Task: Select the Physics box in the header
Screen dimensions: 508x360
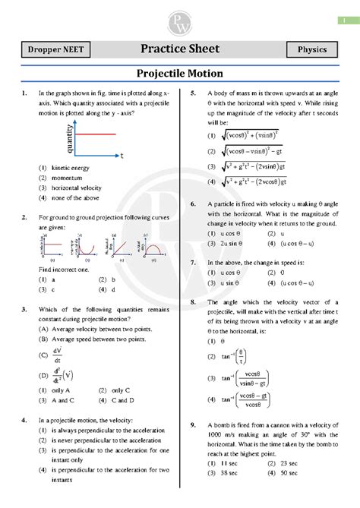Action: (311, 50)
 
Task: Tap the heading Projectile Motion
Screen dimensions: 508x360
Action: (180, 74)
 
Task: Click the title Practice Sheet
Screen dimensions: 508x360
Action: (180, 49)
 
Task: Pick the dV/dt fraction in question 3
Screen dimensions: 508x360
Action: (58, 354)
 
